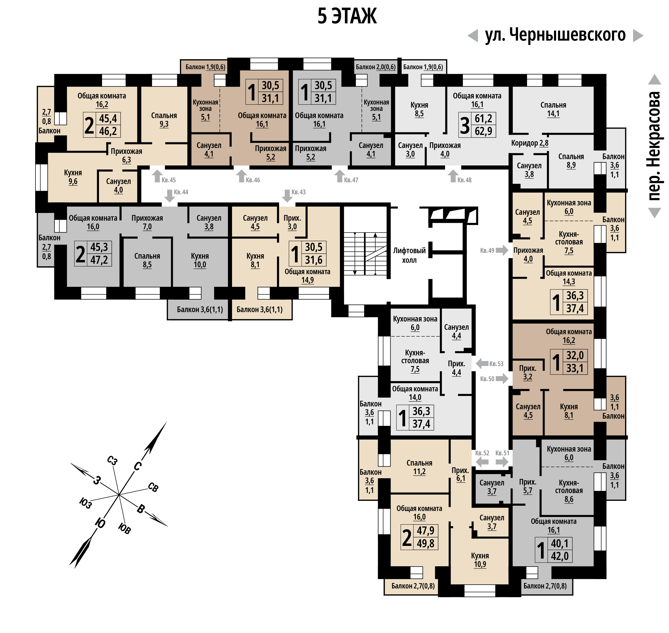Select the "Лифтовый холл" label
pyautogui.click(x=409, y=255)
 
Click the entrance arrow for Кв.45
pyautogui.click(x=157, y=176)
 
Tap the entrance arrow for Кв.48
pyautogui.click(x=453, y=176)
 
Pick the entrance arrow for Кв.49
pyautogui.click(x=502, y=250)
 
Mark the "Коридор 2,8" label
pyautogui.click(x=530, y=143)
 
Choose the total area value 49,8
pyautogui.click(x=426, y=544)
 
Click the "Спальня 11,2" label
pyautogui.click(x=419, y=467)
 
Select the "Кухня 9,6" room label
pyautogui.click(x=73, y=177)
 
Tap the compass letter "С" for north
pyautogui.click(x=137, y=466)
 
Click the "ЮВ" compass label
pyautogui.click(x=124, y=528)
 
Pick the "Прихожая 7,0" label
pyautogui.click(x=147, y=222)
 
